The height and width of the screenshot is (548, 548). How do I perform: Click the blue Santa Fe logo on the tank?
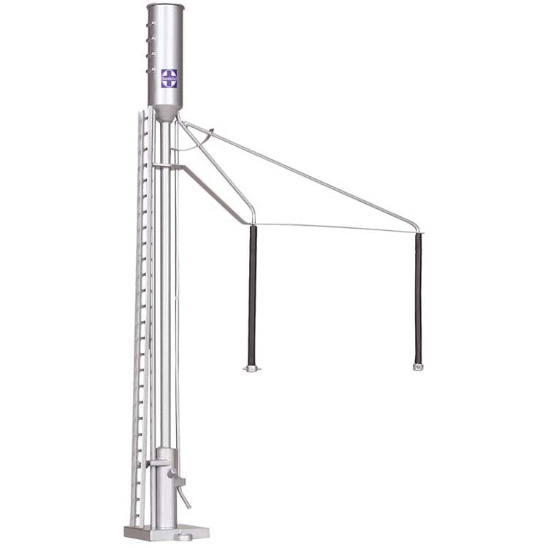(x=170, y=78)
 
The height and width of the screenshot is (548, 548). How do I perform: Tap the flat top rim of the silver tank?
(x=165, y=7)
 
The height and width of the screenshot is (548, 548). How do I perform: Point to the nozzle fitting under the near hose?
(x=252, y=368)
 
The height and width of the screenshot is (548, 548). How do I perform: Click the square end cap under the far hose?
(x=418, y=365)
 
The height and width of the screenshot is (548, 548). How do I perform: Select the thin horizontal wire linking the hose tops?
(x=336, y=228)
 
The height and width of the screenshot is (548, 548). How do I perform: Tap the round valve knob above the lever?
(x=172, y=476)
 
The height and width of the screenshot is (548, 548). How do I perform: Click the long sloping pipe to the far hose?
(x=307, y=175)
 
